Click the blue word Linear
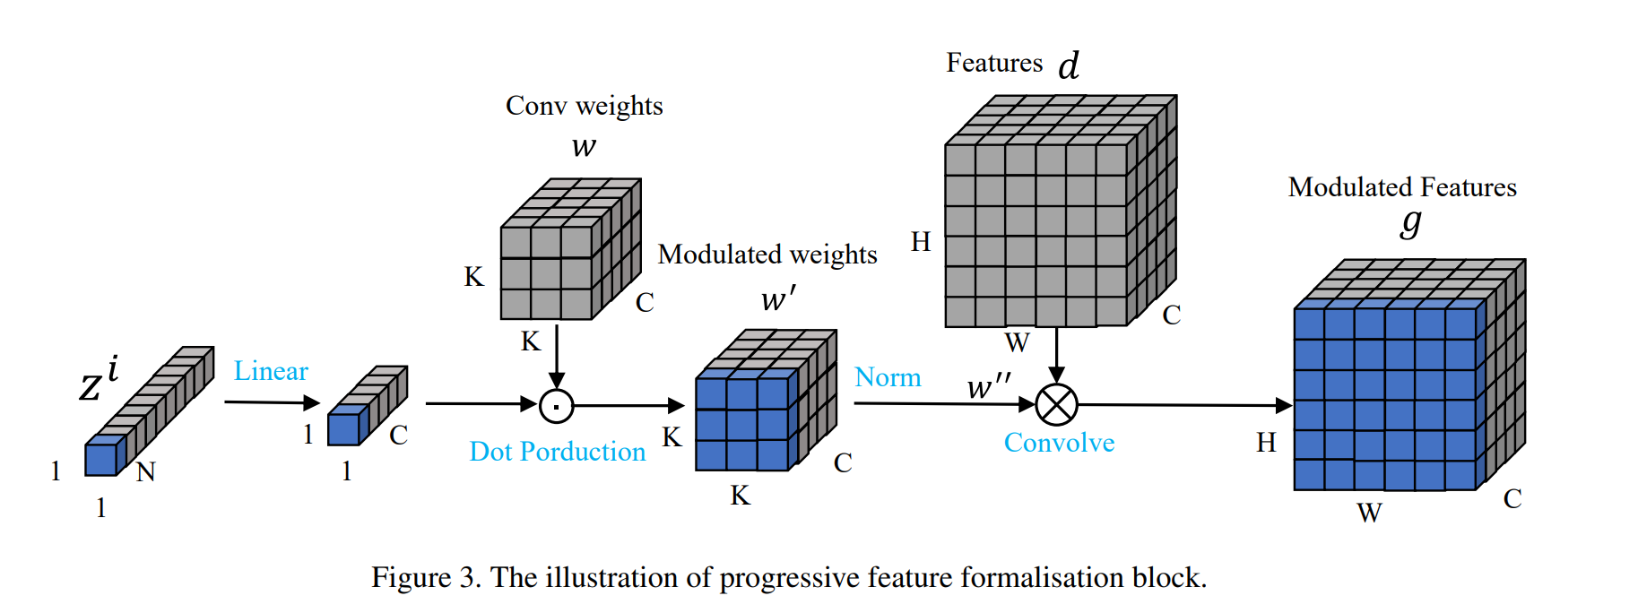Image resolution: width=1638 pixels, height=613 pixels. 271,371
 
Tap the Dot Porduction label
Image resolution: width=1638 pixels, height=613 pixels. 557,452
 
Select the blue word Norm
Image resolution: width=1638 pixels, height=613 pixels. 888,377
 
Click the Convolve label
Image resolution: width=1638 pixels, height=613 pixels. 1059,443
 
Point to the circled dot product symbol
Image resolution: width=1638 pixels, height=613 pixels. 557,406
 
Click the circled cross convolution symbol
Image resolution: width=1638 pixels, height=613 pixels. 1056,405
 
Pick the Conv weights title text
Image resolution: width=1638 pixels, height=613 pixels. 584,106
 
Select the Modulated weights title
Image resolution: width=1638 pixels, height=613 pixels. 767,255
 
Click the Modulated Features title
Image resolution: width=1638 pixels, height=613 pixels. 1402,187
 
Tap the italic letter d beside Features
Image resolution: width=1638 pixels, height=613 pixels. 1069,65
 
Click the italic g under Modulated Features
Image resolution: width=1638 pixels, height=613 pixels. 1411,221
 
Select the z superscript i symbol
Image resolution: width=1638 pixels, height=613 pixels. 99,377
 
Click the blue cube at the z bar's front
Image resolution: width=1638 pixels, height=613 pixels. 100,459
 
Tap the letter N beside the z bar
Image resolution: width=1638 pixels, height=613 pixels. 145,472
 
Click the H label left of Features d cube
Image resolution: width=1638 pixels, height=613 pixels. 921,242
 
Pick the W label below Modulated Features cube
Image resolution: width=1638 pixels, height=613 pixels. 1369,514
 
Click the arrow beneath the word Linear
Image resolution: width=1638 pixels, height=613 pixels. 272,402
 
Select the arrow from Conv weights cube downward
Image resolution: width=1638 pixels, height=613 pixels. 557,355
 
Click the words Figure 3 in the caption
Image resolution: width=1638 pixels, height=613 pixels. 426,578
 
